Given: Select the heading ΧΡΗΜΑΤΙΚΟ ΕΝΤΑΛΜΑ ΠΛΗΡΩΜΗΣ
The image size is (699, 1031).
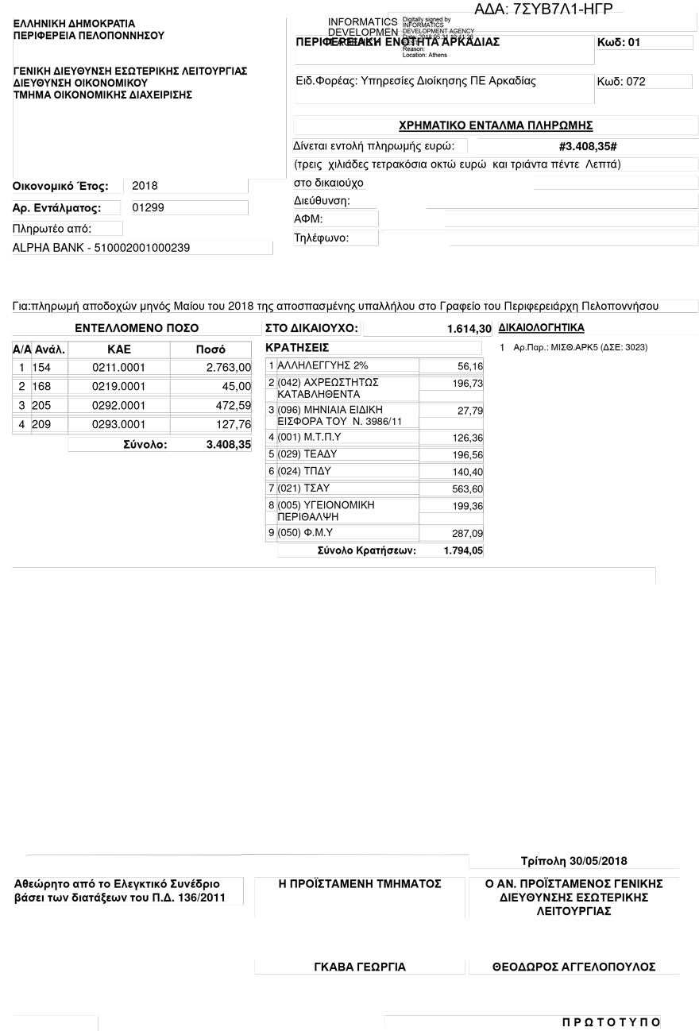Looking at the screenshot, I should click(x=496, y=125).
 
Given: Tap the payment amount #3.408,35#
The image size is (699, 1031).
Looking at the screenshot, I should click(x=588, y=147).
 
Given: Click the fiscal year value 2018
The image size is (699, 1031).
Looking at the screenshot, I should click(x=145, y=186).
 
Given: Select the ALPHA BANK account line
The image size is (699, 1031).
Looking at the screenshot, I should click(x=102, y=248).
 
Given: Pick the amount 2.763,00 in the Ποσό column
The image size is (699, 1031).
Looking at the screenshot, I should click(x=228, y=367).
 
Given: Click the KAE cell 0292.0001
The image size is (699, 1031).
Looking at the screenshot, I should click(x=119, y=405).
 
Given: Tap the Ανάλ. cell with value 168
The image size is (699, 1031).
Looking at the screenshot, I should click(x=41, y=386).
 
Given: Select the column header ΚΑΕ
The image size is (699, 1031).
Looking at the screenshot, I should click(x=119, y=349).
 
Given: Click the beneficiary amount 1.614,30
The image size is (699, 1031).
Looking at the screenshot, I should click(x=469, y=328).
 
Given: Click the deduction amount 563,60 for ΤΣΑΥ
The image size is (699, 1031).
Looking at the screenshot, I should click(x=467, y=488).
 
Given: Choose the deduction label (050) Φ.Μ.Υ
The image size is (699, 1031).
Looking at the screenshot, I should click(x=305, y=533).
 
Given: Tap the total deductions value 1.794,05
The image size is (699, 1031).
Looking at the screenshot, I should click(x=463, y=550).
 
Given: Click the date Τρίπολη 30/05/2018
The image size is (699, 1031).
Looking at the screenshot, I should click(x=573, y=861).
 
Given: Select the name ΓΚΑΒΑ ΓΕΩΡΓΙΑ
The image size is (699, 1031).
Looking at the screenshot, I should click(x=360, y=967).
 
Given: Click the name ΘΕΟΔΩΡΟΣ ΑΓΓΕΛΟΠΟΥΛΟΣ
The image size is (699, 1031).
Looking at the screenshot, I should click(x=573, y=967).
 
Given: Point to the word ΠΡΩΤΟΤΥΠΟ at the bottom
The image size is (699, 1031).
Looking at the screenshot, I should click(x=611, y=1021).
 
